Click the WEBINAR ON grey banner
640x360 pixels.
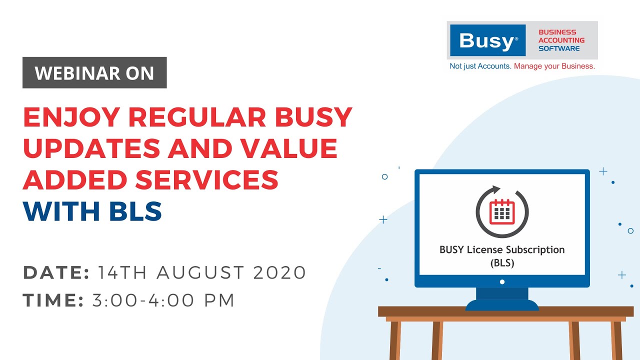pyautogui.click(x=94, y=73)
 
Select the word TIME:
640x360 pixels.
pyautogui.click(x=53, y=300)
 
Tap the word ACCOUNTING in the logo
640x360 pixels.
pyautogui.click(x=561, y=40)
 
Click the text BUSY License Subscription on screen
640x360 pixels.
pyautogui.click(x=502, y=250)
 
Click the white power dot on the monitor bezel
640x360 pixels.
pyautogui.click(x=502, y=281)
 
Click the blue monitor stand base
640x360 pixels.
pyautogui.click(x=502, y=304)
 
